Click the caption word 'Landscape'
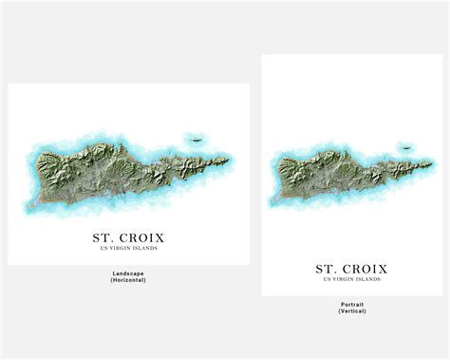127,273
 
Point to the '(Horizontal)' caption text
127,280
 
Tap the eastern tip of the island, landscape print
228,158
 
